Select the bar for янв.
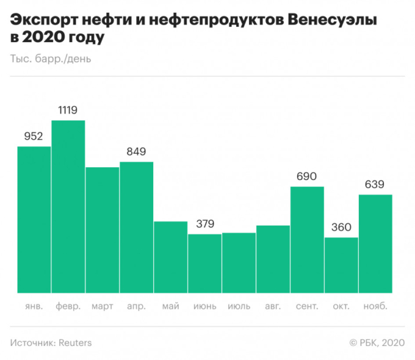tap(34, 220)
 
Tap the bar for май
tap(170, 257)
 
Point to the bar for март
tap(102, 229)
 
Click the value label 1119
tap(68, 110)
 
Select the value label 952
tap(34, 136)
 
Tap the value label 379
tap(205, 224)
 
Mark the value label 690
tap(307, 176)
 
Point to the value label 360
tap(341, 227)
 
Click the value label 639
tap(375, 184)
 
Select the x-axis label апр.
tap(136, 306)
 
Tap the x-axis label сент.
tap(307, 306)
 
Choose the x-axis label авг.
tap(273, 306)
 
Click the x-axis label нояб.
tap(375, 306)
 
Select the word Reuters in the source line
tap(75, 342)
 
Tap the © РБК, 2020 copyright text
tap(377, 342)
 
